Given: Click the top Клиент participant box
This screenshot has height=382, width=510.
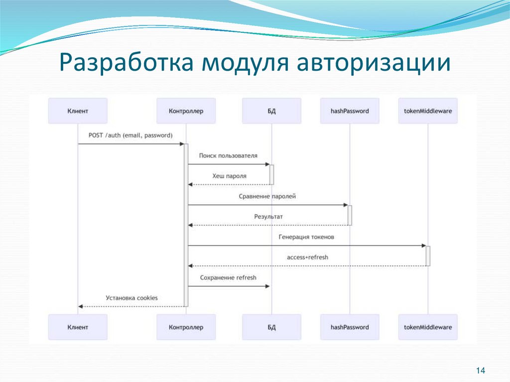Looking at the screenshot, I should (x=78, y=111).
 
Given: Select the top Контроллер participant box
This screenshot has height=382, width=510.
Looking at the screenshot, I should (x=186, y=111).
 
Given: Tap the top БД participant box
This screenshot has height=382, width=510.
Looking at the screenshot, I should (x=271, y=111).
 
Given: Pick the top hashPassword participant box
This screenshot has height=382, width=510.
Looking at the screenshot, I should (x=350, y=111).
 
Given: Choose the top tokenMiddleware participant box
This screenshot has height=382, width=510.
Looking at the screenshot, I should (x=428, y=111).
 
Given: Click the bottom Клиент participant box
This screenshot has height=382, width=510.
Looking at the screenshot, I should (x=78, y=327).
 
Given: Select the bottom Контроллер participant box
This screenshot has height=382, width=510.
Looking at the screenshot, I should (x=186, y=327).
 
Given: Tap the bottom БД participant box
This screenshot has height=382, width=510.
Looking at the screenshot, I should (x=271, y=327).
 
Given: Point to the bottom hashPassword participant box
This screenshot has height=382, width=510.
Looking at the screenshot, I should (x=350, y=327).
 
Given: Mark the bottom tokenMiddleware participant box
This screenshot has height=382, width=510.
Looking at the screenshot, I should (x=428, y=327).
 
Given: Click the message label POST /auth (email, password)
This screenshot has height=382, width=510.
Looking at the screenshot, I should (x=130, y=135).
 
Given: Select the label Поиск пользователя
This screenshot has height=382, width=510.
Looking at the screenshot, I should (x=228, y=156).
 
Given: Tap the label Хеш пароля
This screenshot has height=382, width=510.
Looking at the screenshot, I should (x=229, y=176).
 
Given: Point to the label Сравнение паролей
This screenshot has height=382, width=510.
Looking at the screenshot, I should (x=267, y=196).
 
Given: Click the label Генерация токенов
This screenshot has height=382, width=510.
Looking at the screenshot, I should (x=306, y=237).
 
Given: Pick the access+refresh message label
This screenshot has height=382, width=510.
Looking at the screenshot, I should (x=307, y=257).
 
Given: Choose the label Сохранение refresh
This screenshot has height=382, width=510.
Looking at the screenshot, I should (x=228, y=277).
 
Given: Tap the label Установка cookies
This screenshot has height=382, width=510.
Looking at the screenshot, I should (x=131, y=298).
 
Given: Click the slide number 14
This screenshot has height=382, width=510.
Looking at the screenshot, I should (x=481, y=371).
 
